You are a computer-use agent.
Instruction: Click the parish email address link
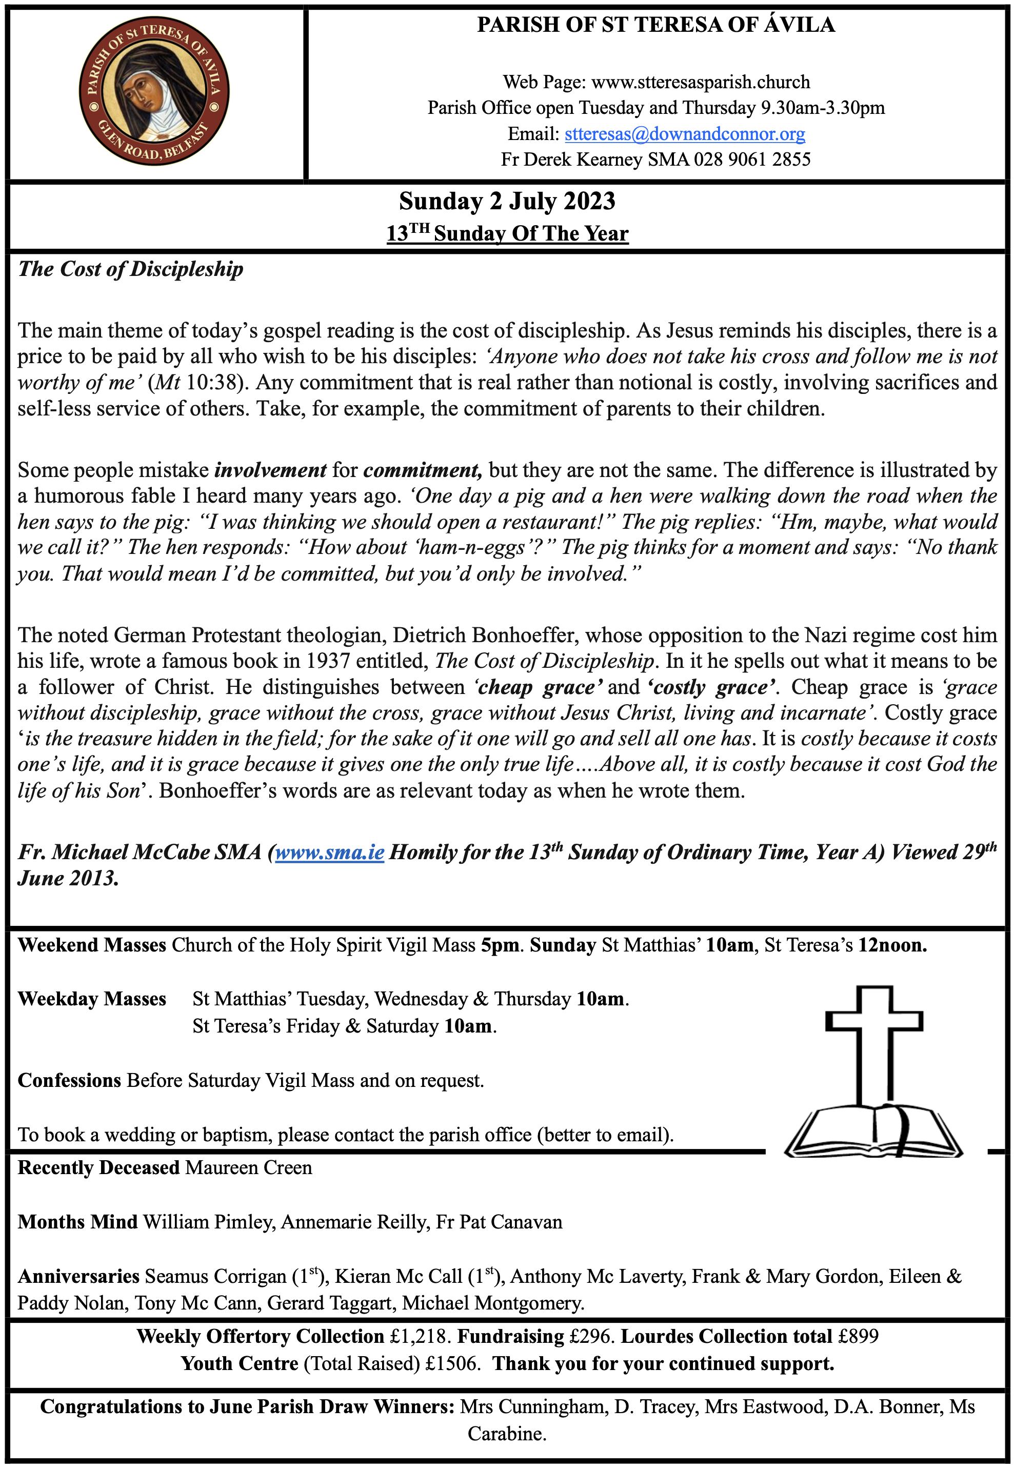[x=684, y=134]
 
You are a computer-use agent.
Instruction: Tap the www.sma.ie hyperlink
[x=329, y=852]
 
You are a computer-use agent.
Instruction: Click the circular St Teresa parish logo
[x=154, y=93]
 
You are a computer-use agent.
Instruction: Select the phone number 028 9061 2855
[x=752, y=160]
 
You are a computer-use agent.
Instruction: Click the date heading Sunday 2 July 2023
[x=507, y=202]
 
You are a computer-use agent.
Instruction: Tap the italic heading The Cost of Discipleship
[x=130, y=269]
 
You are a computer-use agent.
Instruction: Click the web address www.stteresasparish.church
[x=700, y=83]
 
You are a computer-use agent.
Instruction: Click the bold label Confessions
[x=69, y=1081]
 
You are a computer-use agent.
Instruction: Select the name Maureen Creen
[x=248, y=1167]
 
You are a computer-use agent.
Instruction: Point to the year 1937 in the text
[x=328, y=661]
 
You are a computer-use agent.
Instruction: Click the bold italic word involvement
[x=271, y=470]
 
